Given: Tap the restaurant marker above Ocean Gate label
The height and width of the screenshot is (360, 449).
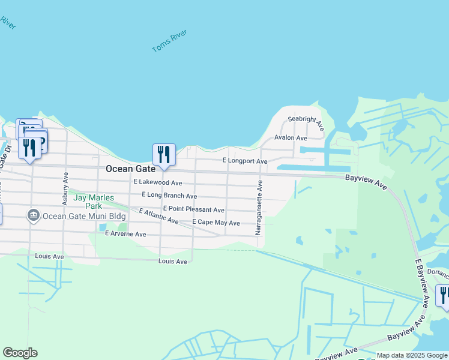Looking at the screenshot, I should [164, 155].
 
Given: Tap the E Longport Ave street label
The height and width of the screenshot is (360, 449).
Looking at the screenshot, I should [244, 161].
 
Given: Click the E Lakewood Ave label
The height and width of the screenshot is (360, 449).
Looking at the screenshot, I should [158, 182].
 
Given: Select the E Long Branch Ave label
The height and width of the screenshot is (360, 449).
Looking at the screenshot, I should [169, 196].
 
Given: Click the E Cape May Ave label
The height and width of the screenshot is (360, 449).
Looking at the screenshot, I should [215, 223].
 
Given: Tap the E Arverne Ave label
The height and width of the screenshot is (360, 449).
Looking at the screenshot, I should [125, 234].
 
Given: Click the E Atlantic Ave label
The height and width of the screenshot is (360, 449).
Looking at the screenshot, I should [159, 217].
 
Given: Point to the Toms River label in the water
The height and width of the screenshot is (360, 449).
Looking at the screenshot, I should [170, 40].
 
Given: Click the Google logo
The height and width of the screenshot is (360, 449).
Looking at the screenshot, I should [20, 353].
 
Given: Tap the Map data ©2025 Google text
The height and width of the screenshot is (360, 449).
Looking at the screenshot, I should [412, 356].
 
